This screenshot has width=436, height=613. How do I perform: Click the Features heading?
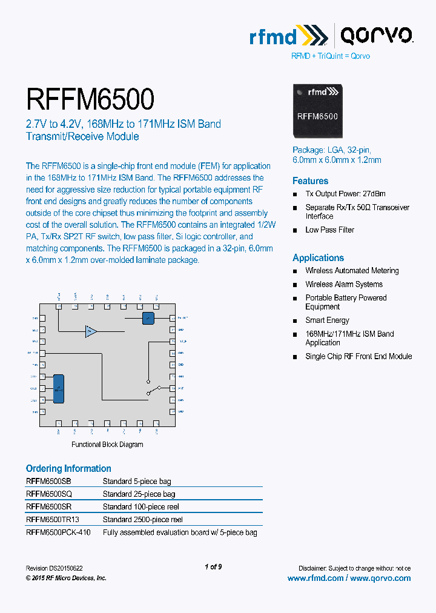310,181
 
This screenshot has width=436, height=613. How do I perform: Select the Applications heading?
318,258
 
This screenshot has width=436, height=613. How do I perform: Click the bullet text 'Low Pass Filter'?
329,230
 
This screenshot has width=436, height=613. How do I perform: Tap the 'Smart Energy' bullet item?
327,320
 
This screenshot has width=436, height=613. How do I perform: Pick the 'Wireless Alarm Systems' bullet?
343,284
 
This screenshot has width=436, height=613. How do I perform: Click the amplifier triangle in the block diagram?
91,331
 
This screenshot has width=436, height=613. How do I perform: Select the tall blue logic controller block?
59,388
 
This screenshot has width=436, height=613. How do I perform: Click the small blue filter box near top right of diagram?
148,318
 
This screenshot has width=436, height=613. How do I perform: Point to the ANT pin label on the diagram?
181,388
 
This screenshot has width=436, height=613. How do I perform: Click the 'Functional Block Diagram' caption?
107,445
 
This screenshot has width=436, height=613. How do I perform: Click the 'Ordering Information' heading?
68,469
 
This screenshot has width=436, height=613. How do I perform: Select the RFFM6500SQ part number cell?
49,494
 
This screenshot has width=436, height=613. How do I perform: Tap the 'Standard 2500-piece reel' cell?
142,520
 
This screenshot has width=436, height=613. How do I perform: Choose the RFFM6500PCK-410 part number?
58,532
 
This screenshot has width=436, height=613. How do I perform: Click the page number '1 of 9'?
213,567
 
